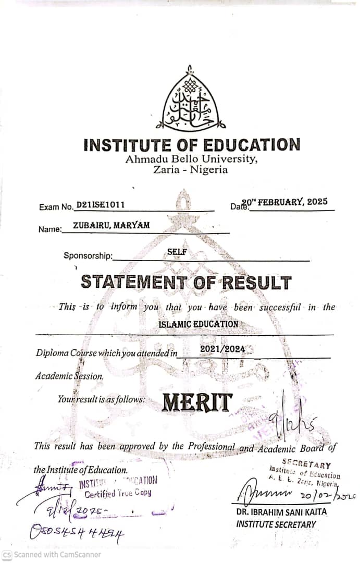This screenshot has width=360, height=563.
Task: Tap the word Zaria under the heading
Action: coord(167,169)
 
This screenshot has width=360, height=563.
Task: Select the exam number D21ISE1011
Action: coord(101,205)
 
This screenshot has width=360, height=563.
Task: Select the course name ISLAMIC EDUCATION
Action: coord(198,324)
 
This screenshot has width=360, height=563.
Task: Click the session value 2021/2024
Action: coord(222,349)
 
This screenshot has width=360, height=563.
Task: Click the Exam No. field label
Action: coord(56,207)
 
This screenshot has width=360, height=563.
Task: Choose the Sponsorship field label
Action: coord(88,255)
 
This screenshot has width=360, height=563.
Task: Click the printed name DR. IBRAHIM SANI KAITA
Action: coord(281,512)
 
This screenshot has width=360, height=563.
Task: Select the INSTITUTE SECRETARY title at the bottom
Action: coord(276,524)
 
